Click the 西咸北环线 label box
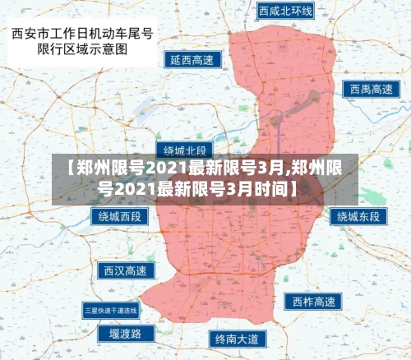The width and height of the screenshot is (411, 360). (x=284, y=12)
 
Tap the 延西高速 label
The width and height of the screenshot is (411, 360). (x=191, y=59)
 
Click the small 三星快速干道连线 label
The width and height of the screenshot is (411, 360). (x=111, y=310)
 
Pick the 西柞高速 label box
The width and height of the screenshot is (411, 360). (x=312, y=302)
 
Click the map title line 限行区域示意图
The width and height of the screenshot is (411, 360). (x=81, y=48)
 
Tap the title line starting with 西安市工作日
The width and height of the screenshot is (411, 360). (x=82, y=34)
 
